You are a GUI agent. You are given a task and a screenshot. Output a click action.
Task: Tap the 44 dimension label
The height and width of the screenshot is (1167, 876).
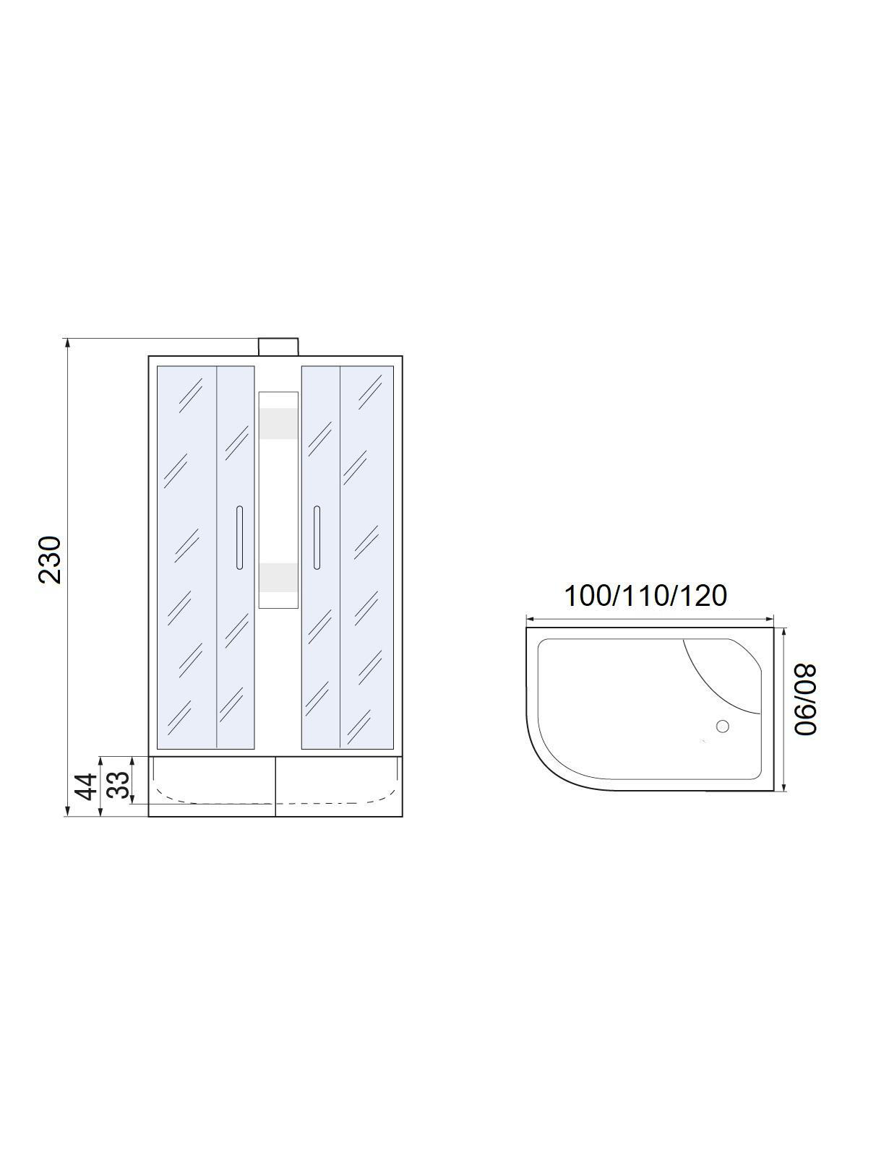[x=86, y=787]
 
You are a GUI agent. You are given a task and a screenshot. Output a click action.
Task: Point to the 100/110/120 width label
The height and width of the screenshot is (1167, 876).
[x=645, y=596]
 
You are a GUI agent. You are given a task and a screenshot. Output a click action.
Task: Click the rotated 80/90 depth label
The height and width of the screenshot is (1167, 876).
[x=805, y=700]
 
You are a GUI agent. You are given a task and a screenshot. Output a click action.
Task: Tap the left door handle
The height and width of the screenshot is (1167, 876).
[x=239, y=537]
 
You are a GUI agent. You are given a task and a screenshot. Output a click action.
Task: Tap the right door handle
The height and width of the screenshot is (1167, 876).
[x=317, y=537]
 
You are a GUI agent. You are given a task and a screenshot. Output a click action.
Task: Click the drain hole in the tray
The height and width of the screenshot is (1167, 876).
[x=722, y=726]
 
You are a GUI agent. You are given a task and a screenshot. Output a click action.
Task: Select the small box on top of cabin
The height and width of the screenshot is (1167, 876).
[x=278, y=347]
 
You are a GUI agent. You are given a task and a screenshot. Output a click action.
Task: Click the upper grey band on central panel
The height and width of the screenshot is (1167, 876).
[x=278, y=424]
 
